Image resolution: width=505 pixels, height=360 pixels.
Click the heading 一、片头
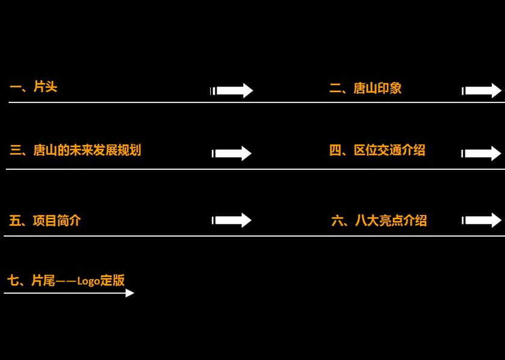pos(33,87)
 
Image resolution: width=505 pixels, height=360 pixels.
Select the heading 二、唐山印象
pos(365,88)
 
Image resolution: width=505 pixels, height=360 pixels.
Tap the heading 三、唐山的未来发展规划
pos(75,151)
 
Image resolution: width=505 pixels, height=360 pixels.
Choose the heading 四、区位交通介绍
pos(377,151)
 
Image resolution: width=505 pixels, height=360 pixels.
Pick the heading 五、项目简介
pos(45,220)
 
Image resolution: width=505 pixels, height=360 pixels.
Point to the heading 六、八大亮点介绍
pos(379,220)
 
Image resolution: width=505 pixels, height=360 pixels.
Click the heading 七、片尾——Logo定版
pos(66,280)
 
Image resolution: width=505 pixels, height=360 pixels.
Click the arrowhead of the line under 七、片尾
pos(129,293)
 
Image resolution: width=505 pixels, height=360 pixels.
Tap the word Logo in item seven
pos(88,281)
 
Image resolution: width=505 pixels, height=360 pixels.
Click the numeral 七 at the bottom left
pos(13,280)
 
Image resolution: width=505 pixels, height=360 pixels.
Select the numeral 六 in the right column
pos(337,220)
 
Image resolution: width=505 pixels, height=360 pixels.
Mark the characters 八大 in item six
pos(367,220)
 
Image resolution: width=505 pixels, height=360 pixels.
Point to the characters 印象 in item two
pos(389,88)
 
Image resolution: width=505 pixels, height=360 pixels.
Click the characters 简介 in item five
pos(69,220)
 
